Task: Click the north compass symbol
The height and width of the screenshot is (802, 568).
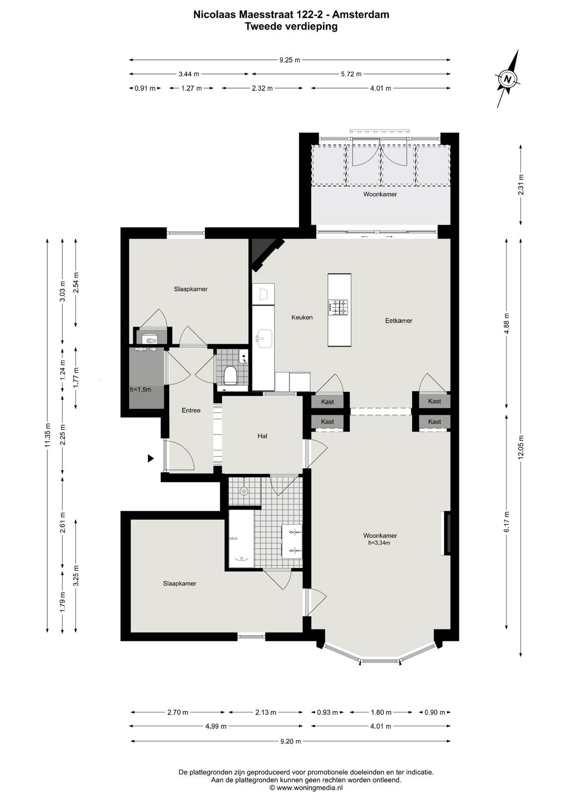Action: [x=508, y=79]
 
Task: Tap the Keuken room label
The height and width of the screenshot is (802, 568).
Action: [x=302, y=317]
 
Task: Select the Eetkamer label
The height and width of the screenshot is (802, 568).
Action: [x=399, y=321]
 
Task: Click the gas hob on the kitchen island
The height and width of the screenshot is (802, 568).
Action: [x=338, y=307]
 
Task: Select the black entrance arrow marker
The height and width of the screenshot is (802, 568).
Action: [x=150, y=458]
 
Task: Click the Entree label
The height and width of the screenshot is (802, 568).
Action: [x=191, y=410]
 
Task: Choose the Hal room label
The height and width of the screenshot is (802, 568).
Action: [x=262, y=436]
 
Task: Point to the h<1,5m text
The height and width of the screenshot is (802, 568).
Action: [x=140, y=389]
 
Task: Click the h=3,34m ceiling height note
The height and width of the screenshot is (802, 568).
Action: [x=379, y=543]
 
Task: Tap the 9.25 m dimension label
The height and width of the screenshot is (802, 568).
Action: [x=290, y=60]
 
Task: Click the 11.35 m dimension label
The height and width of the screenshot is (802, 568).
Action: [x=48, y=436]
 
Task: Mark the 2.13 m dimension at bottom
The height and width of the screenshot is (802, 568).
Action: [x=266, y=713]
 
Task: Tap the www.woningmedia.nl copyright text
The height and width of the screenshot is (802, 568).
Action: [x=306, y=788]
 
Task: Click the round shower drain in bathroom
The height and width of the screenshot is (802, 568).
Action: [x=244, y=491]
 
